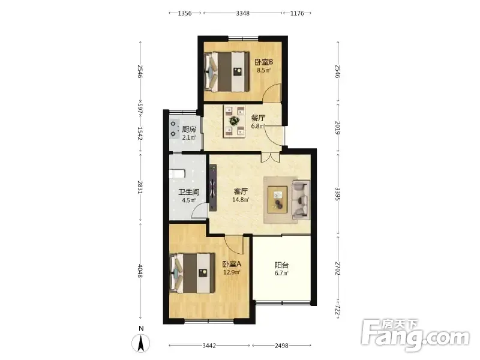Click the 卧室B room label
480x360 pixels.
263,62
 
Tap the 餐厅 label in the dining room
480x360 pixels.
258,118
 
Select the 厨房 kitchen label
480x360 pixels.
188,130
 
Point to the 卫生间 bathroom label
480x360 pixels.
189,192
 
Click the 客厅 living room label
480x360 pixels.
241,191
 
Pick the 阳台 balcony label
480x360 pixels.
281,265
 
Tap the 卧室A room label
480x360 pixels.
232,264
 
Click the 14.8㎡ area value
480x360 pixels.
241,200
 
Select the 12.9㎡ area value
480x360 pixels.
232,272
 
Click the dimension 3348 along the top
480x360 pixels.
242,13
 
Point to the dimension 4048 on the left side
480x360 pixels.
140,271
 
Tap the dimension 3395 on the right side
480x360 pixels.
338,194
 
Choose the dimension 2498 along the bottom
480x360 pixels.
281,346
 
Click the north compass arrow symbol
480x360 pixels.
141,343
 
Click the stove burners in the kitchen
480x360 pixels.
174,128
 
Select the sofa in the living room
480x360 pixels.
301,200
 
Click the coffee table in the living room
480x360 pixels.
278,200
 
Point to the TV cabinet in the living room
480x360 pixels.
213,188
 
